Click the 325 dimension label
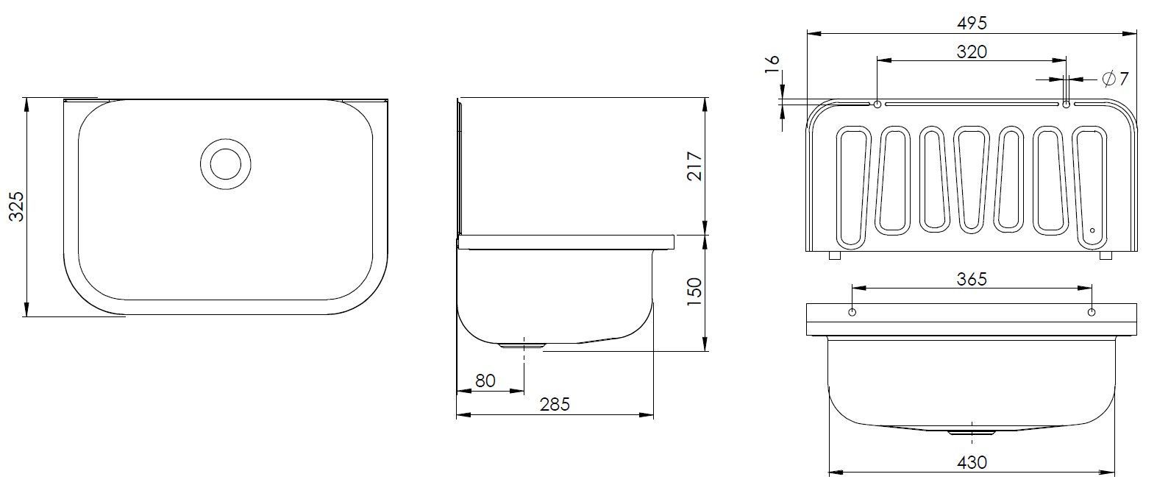tap(17, 206)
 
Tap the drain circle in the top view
tap(226, 164)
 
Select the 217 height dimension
tap(695, 166)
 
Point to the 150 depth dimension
tap(695, 291)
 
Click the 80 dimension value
tap(485, 381)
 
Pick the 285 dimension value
tap(555, 404)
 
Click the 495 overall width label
tap(972, 23)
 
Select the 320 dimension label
tap(972, 52)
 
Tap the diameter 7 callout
tap(1115, 79)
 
